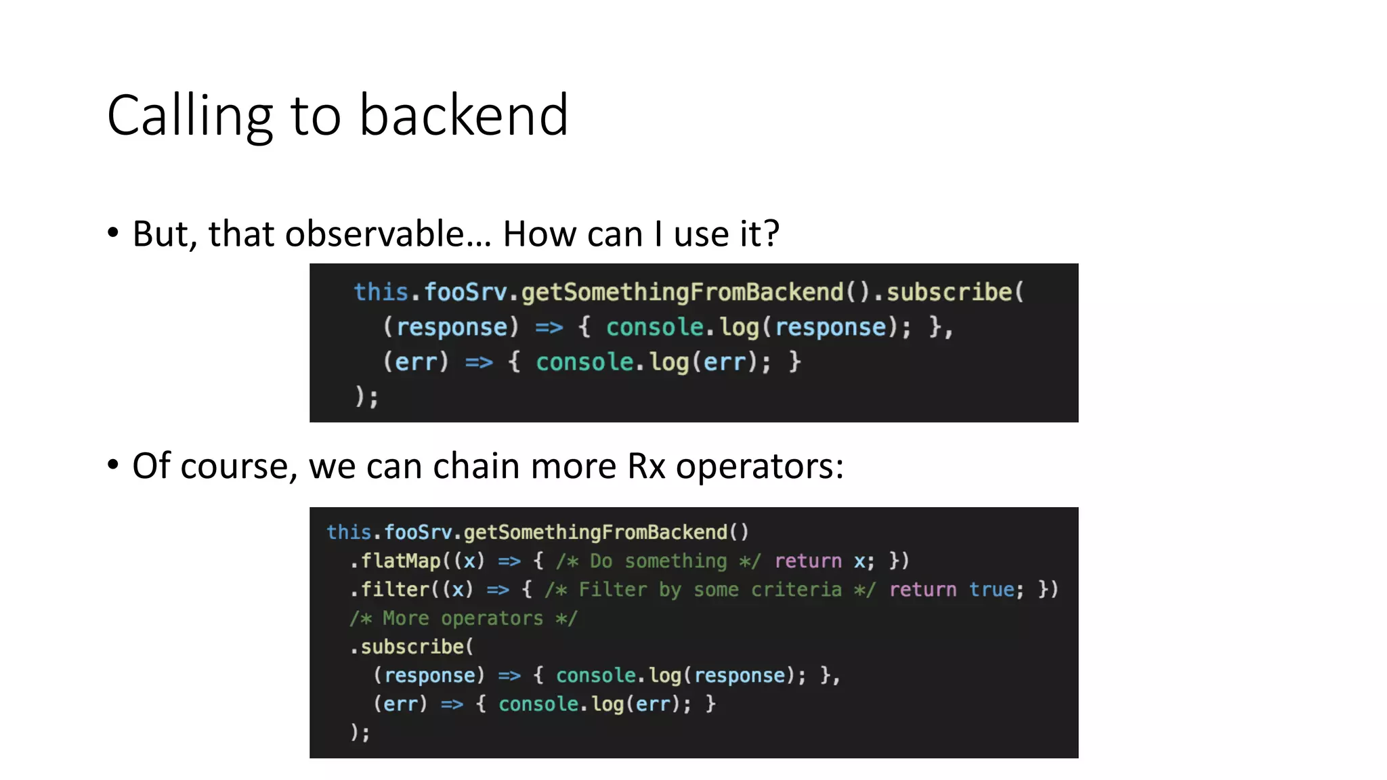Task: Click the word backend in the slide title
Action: click(463, 116)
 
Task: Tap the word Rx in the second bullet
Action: click(646, 466)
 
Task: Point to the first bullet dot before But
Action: click(113, 233)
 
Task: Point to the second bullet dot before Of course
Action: click(113, 465)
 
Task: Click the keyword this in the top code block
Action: click(381, 292)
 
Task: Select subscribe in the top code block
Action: click(949, 292)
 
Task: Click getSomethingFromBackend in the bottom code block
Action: click(595, 532)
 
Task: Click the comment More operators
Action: click(463, 618)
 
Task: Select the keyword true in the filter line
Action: click(991, 590)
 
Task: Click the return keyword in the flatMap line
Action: click(808, 561)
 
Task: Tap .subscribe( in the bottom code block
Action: click(412, 647)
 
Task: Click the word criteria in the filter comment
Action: click(796, 590)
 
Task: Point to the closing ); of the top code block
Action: click(366, 396)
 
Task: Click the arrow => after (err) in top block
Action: click(479, 362)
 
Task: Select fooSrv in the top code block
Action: click(465, 292)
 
